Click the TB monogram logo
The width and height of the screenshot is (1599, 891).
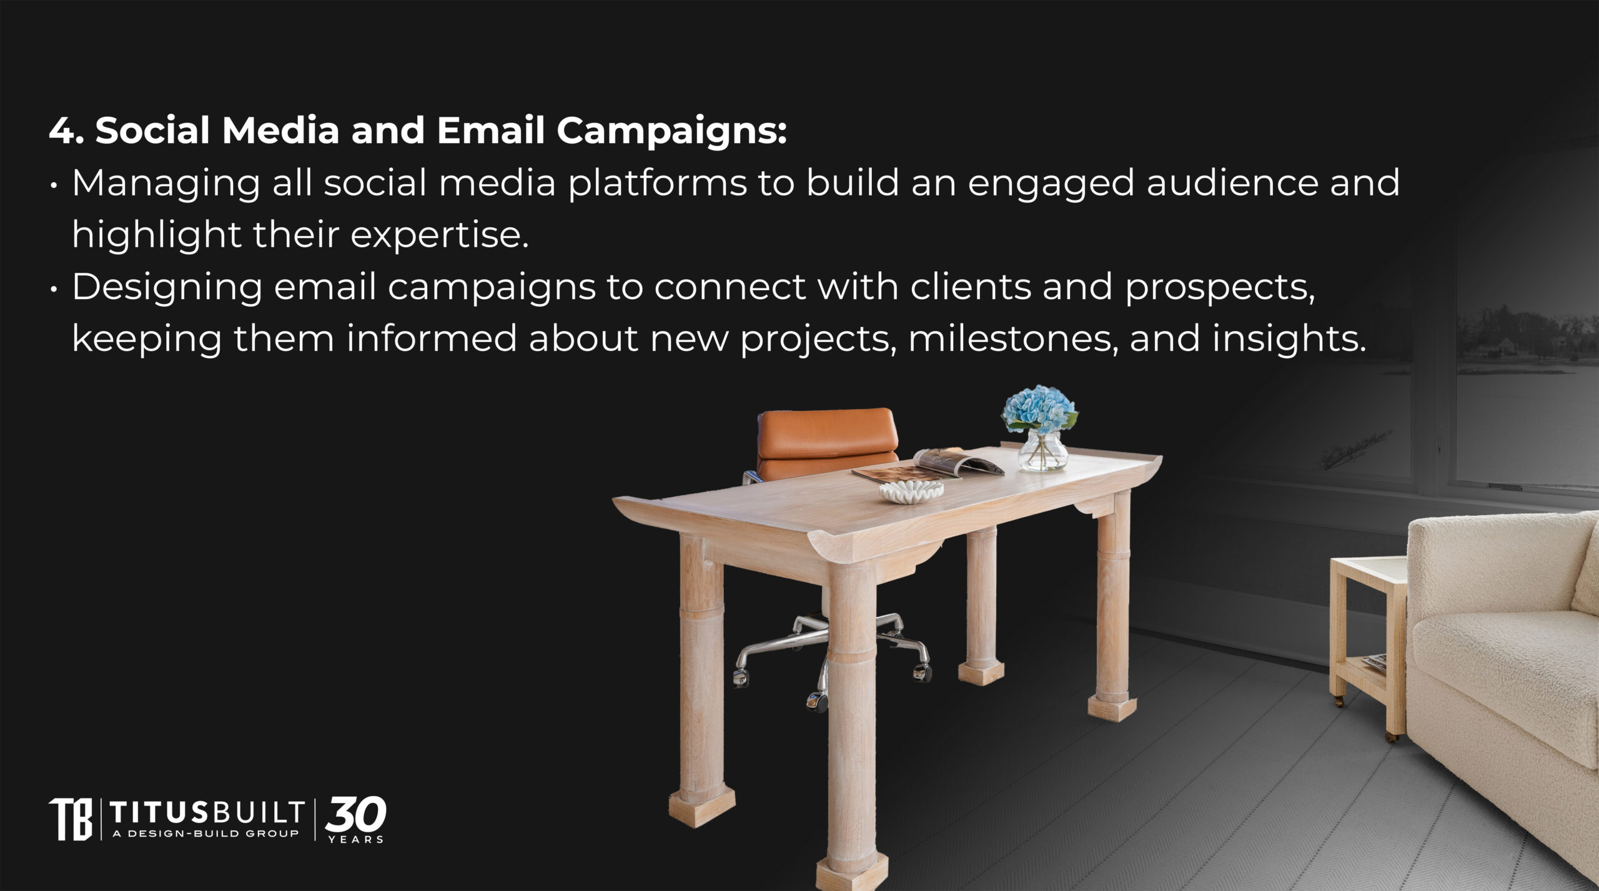click(x=70, y=819)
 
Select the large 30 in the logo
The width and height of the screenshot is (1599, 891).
click(x=355, y=814)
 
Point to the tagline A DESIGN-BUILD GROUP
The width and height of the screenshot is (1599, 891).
click(x=205, y=834)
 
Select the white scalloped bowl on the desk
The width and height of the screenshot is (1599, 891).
click(x=911, y=491)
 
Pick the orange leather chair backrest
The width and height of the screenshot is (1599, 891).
click(x=826, y=442)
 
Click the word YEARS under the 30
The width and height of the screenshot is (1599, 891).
click(x=356, y=839)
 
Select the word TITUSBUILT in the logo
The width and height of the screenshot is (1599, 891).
click(x=207, y=812)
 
